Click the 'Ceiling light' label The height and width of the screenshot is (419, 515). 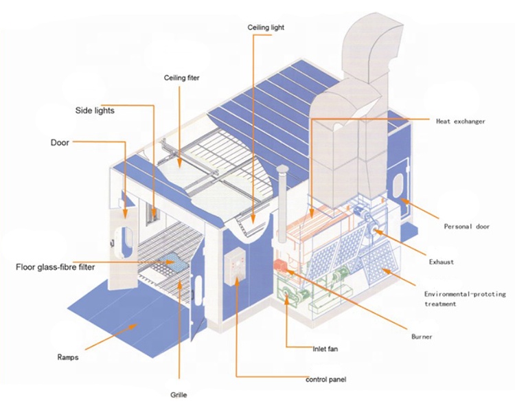(265, 27)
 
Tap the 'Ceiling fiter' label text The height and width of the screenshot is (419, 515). (181, 78)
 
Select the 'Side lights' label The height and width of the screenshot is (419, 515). (95, 110)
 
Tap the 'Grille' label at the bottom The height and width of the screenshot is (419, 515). (179, 395)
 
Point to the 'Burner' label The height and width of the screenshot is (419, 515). (422, 337)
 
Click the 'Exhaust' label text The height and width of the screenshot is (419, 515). (440, 262)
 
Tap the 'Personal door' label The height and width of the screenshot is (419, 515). (466, 227)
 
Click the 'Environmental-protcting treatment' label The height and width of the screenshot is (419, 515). (466, 298)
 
